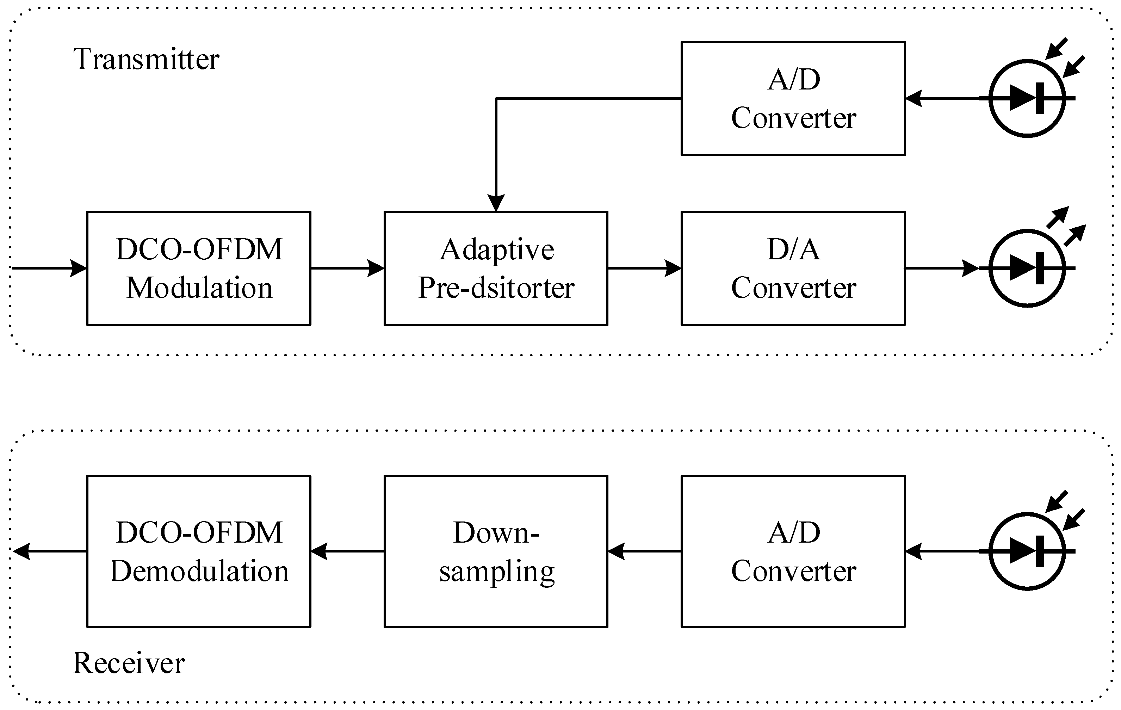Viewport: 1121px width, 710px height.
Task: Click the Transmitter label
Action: coord(146,60)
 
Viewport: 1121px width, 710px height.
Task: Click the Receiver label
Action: coord(129,663)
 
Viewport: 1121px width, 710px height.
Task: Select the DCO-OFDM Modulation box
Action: coord(199,268)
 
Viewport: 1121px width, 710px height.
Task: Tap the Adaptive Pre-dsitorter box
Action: coord(496,268)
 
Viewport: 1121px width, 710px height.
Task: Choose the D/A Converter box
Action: coord(793,268)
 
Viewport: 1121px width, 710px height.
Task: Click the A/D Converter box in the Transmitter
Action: coord(793,98)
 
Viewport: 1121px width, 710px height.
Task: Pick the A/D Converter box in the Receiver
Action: coord(793,551)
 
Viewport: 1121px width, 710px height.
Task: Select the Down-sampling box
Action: coord(496,551)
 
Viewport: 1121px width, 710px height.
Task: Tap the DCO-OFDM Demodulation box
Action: coord(199,551)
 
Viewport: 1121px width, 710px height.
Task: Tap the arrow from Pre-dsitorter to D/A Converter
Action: coord(644,268)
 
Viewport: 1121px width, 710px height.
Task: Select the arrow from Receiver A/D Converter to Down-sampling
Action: coord(644,551)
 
